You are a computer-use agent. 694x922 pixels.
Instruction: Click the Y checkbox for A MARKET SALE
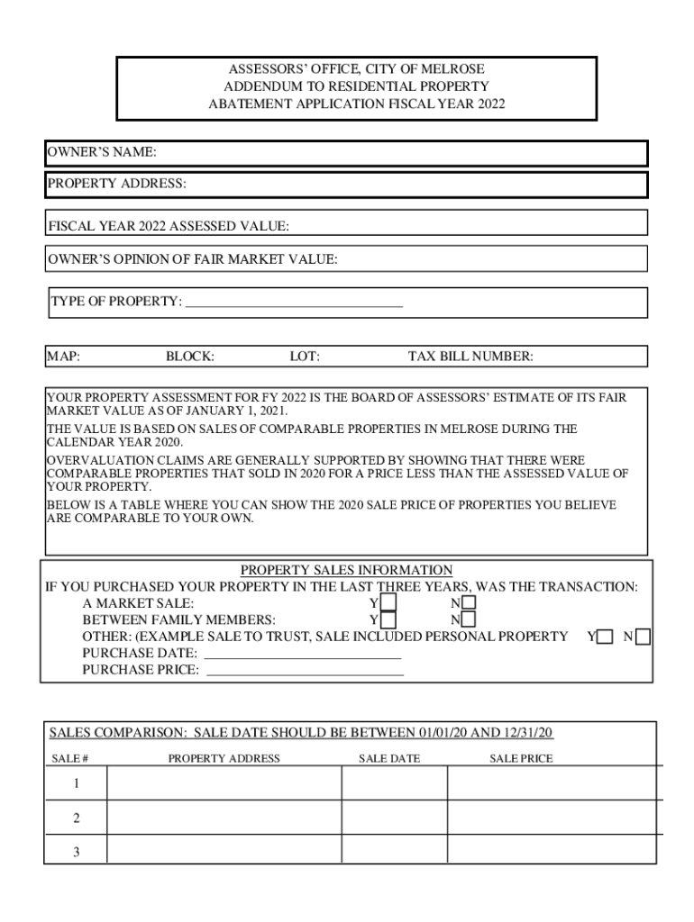[x=388, y=602]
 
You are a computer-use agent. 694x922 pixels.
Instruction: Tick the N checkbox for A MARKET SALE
[x=469, y=602]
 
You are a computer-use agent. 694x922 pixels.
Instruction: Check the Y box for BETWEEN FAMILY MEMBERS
[x=388, y=619]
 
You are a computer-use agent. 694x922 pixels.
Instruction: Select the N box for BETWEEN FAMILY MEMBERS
[x=469, y=619]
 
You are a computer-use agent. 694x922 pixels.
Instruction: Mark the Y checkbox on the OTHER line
[x=605, y=637]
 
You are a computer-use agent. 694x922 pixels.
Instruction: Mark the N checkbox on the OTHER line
[x=642, y=637]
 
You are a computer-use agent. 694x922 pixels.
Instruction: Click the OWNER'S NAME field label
[x=102, y=153]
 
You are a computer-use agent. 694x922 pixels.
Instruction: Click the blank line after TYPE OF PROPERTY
[x=293, y=302]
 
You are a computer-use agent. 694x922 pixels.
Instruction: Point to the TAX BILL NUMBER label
[x=470, y=357]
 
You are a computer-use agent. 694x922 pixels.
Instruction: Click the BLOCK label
[x=189, y=357]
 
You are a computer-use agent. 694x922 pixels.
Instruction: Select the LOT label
[x=304, y=357]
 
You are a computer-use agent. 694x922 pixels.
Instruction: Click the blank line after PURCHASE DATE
[x=303, y=653]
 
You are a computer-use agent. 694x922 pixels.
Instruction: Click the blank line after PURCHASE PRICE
[x=305, y=670]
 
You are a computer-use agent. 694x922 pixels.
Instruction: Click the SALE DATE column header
[x=389, y=758]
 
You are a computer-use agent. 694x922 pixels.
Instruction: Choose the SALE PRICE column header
[x=521, y=758]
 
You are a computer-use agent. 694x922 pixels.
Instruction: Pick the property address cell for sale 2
[x=224, y=818]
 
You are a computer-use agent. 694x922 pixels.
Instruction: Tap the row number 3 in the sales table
[x=76, y=852]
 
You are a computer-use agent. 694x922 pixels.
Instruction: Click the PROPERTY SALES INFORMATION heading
[x=346, y=570]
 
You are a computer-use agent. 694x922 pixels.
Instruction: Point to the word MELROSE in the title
[x=460, y=69]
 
